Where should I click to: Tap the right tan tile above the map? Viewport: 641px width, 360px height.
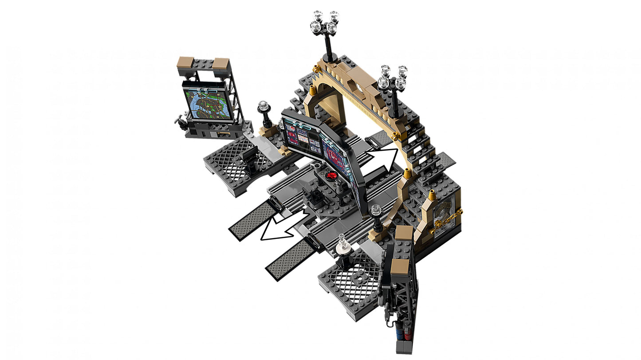220,64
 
